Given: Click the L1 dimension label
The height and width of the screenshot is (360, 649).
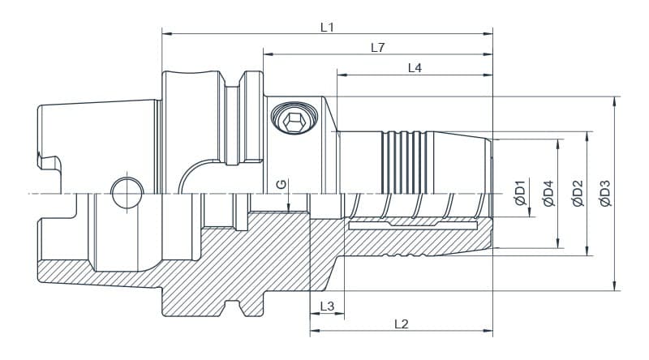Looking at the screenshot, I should pyautogui.click(x=327, y=27).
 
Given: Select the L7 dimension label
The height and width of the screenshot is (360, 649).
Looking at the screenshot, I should pyautogui.click(x=377, y=48).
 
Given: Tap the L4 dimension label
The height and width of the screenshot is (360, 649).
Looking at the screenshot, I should pyautogui.click(x=415, y=69).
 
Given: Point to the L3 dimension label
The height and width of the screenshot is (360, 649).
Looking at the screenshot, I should pyautogui.click(x=327, y=306).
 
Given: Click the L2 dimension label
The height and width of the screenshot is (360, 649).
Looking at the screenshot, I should pyautogui.click(x=401, y=324).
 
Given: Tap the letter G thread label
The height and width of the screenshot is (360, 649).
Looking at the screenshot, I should pyautogui.click(x=280, y=185).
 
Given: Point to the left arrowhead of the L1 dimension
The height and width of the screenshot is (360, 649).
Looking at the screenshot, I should pyautogui.click(x=166, y=33).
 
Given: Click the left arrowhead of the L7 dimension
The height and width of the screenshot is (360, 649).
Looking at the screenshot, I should pyautogui.click(x=267, y=54).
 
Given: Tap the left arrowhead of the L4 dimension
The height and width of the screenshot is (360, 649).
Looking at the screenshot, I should pyautogui.click(x=341, y=75).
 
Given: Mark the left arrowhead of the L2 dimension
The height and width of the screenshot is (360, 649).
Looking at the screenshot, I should pyautogui.click(x=314, y=332).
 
